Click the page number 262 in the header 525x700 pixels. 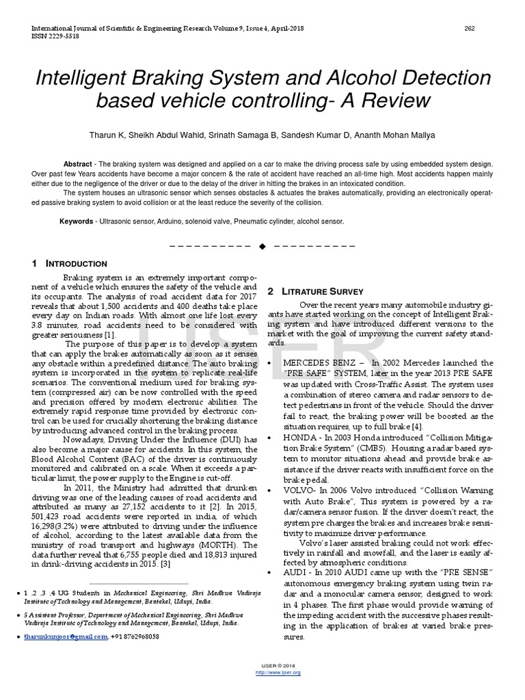point(470,28)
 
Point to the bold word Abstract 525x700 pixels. point(78,165)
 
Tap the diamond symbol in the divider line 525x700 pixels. point(262,245)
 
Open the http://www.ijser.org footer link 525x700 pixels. point(278,673)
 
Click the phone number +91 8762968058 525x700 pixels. point(136,636)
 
